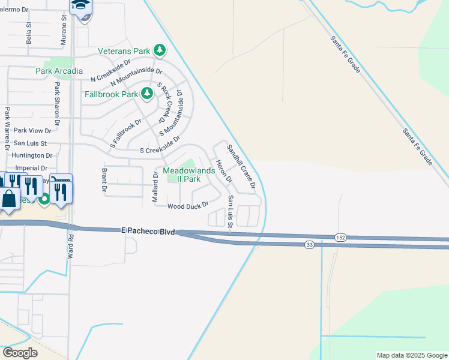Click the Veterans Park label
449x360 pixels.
point(125,51)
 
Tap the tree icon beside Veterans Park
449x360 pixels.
point(159,50)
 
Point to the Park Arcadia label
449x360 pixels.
point(59,71)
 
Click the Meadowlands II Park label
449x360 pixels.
point(182,175)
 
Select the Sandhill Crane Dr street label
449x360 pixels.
point(241,166)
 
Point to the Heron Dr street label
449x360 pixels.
point(223,171)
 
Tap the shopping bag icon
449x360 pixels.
point(10,199)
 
